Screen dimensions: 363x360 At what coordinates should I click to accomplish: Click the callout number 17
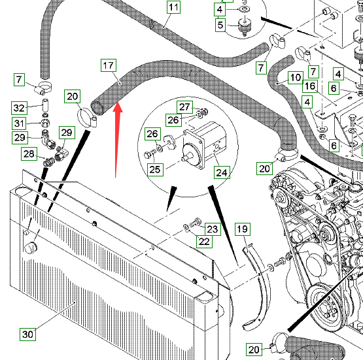click(109, 66)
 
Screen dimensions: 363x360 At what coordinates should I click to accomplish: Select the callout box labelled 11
click(173, 7)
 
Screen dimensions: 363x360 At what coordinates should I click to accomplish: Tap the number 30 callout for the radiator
click(27, 334)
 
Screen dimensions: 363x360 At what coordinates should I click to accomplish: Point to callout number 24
click(222, 172)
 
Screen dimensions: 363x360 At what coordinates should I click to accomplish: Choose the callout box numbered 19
click(243, 229)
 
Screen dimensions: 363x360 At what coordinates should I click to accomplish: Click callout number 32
click(19, 108)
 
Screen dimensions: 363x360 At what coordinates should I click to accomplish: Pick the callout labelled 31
click(19, 123)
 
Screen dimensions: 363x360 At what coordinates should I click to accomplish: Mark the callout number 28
click(29, 154)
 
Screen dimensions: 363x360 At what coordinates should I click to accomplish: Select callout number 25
click(155, 170)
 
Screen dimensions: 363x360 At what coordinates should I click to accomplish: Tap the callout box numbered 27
click(184, 107)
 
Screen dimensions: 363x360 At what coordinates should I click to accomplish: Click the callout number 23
click(213, 229)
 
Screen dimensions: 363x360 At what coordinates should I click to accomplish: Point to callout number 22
click(204, 242)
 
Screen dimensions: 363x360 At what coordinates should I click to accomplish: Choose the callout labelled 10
click(296, 78)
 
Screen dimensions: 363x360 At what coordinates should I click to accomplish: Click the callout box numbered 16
click(310, 86)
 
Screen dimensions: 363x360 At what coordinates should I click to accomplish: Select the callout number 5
click(220, 25)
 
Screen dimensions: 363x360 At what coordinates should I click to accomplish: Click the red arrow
click(117, 140)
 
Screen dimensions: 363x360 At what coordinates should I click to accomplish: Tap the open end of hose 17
click(97, 108)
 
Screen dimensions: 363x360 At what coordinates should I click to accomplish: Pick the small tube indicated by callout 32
click(45, 105)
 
